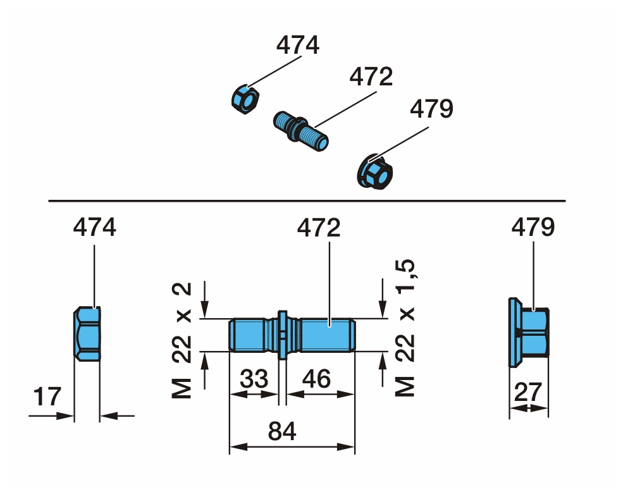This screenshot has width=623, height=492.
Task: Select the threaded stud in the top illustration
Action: click(x=301, y=130)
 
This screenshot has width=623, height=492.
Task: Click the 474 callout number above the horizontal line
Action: click(x=298, y=46)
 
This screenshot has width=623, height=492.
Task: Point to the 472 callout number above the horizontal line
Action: click(x=371, y=77)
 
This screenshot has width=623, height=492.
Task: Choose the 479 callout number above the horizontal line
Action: click(x=431, y=109)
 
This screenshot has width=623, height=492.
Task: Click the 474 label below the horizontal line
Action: click(x=95, y=227)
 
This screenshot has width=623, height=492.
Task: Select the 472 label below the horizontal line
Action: click(x=319, y=227)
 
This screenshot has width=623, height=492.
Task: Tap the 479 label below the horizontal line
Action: click(x=533, y=227)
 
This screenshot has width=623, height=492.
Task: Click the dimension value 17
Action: click(x=48, y=397)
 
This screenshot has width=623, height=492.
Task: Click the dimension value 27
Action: click(x=528, y=392)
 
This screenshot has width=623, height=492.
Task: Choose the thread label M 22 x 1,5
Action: click(x=406, y=329)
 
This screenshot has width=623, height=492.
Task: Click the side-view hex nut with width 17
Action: click(x=87, y=333)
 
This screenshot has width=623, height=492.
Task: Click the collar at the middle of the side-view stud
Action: click(x=283, y=334)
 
